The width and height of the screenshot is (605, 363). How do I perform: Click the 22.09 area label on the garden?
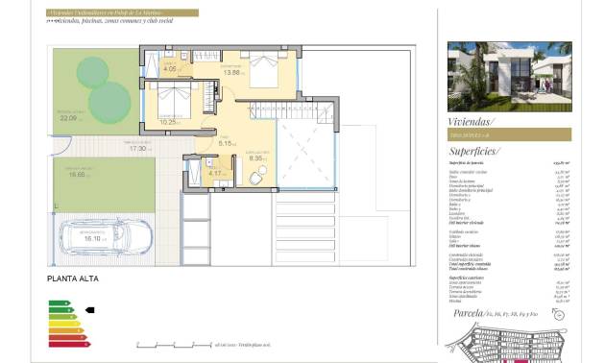pos(68,119)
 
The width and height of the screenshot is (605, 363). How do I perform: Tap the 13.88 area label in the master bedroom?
pos(257,73)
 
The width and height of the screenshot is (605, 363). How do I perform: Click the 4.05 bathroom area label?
pos(170,69)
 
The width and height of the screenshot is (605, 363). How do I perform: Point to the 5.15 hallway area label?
pos(227,144)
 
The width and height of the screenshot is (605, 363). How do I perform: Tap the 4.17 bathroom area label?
pos(219,174)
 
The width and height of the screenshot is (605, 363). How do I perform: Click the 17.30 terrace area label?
pos(140,149)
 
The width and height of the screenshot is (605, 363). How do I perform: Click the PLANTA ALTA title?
pos(73,279)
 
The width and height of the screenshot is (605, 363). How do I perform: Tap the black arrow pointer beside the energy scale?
pos(90,310)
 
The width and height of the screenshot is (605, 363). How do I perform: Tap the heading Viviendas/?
pos(472,122)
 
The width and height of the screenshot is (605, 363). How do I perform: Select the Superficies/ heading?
pos(473,152)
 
